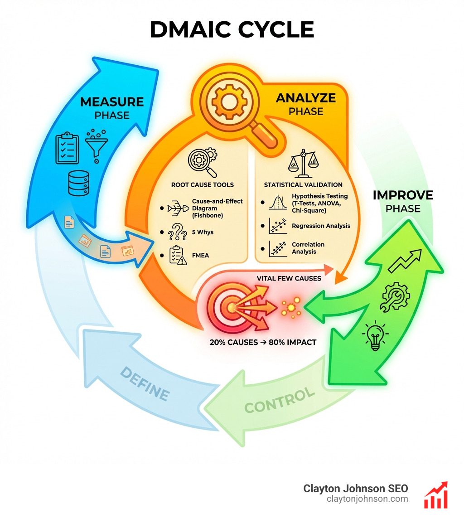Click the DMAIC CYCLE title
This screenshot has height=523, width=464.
point(232,30)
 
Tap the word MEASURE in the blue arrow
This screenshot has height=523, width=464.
point(112,102)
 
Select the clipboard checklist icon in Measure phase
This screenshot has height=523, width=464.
point(67,148)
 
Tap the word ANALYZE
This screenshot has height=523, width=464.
point(306,98)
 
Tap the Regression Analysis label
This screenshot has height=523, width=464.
point(321,226)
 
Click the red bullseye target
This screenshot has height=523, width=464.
point(231,308)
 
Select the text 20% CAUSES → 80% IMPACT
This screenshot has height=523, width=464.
point(263,342)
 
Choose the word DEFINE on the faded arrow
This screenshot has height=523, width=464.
point(145,383)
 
